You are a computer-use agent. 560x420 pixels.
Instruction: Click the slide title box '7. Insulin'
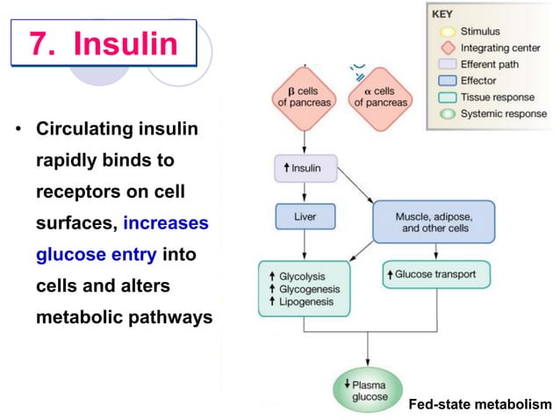(x=104, y=44)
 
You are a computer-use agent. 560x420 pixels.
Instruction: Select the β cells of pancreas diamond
(x=305, y=96)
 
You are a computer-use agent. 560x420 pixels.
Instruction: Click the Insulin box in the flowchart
(x=305, y=168)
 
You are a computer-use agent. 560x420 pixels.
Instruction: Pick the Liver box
(x=305, y=214)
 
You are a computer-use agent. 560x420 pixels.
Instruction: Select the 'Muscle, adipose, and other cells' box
(x=434, y=221)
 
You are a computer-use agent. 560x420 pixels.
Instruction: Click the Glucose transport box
(x=436, y=274)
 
